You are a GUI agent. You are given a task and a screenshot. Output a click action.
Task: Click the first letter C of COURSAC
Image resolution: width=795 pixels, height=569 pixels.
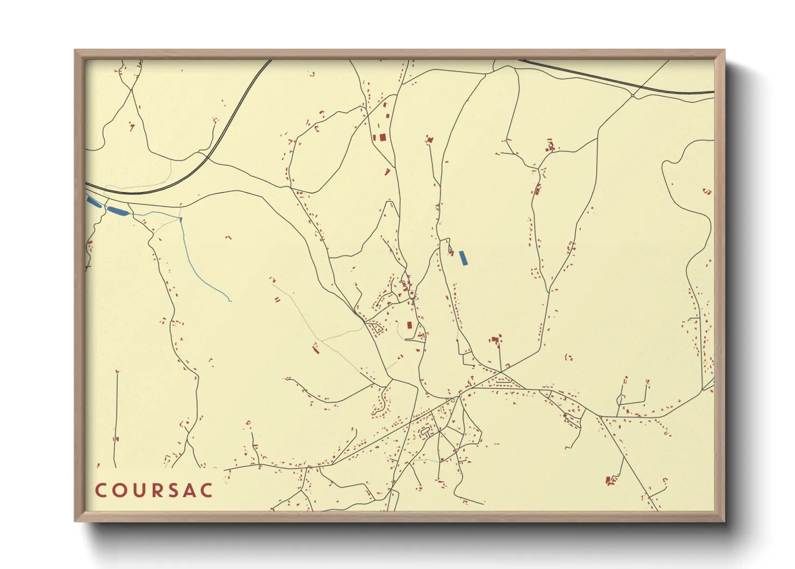point(100,490)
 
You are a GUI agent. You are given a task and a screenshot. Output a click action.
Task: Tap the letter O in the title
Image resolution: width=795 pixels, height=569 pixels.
point(119,490)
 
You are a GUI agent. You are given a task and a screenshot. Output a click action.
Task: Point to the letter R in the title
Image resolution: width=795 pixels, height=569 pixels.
point(155,490)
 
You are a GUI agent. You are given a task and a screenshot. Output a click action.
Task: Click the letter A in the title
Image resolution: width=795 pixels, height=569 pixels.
point(189,490)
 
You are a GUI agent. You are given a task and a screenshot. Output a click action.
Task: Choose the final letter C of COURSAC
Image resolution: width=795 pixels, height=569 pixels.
point(207,490)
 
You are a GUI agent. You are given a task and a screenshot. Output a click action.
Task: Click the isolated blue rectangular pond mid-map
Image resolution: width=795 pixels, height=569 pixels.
point(464,258)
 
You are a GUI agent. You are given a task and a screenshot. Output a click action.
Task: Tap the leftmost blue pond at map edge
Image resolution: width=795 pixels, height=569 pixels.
point(94,202)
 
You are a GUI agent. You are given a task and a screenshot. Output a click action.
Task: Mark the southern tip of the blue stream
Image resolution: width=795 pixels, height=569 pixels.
point(230,301)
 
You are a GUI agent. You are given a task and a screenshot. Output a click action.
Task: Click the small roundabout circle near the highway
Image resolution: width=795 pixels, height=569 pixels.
point(634,96)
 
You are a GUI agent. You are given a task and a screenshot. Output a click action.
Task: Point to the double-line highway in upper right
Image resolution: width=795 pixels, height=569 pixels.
point(618,81)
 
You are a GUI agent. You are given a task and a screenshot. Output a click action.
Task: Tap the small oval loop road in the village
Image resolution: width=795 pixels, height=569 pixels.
point(425,431)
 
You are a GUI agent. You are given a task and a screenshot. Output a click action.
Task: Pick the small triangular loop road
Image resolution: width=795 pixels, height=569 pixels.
point(374,327)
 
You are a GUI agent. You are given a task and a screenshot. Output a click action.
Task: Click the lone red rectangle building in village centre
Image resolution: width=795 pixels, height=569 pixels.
point(409,325)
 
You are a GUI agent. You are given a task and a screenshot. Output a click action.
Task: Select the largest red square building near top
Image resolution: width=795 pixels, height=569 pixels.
point(382,137)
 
